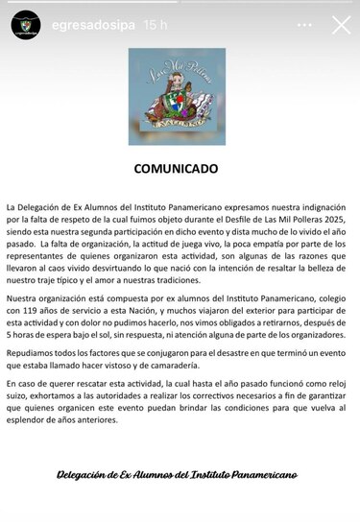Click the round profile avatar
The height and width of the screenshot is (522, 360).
pos(27,26)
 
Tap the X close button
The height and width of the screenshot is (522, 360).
pos(340,25)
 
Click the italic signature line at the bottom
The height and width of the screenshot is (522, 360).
pos(177,474)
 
